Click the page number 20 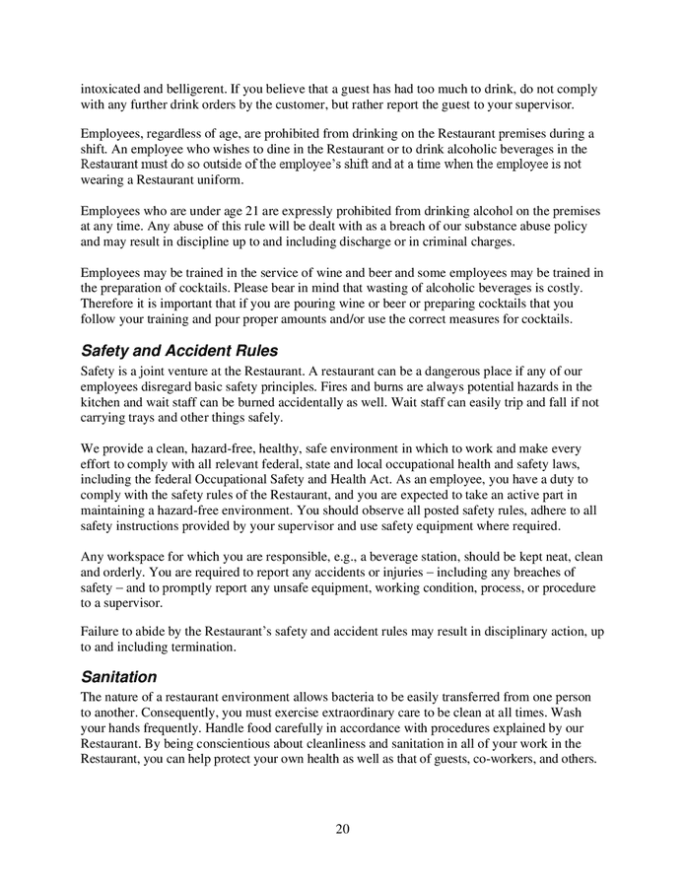click(x=342, y=828)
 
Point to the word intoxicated click(x=113, y=90)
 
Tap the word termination click(x=196, y=648)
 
